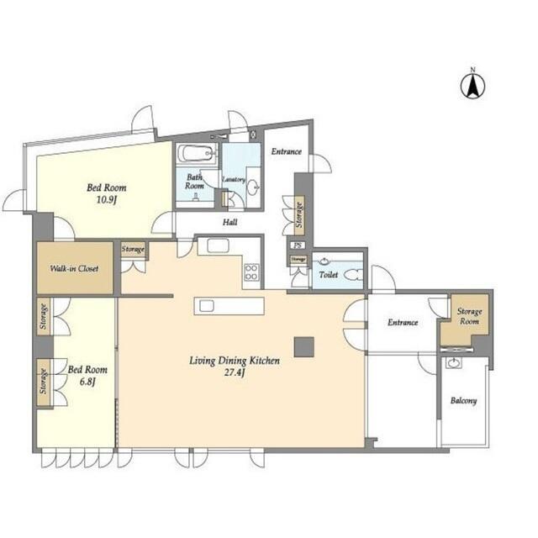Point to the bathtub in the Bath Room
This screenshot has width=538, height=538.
pyautogui.click(x=198, y=154)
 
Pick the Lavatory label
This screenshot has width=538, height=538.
pyautogui.click(x=233, y=179)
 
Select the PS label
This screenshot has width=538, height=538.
pyautogui.click(x=298, y=245)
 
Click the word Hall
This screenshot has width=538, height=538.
pyautogui.click(x=229, y=223)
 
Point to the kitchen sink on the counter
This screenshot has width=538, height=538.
pyautogui.click(x=218, y=246)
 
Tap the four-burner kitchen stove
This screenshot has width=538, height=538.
pyautogui.click(x=251, y=272)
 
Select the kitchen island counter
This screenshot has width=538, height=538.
pyautogui.click(x=229, y=305)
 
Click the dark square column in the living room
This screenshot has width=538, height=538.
pyautogui.click(x=303, y=345)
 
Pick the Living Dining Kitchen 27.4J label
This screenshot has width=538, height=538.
pyautogui.click(x=235, y=366)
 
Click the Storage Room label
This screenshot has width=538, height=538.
pyautogui.click(x=469, y=316)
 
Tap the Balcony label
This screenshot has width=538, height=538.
pyautogui.click(x=463, y=401)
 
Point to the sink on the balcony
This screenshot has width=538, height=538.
pyautogui.click(x=455, y=363)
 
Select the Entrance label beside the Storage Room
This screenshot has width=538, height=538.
pyautogui.click(x=403, y=322)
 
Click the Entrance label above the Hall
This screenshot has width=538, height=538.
pyautogui.click(x=286, y=151)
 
